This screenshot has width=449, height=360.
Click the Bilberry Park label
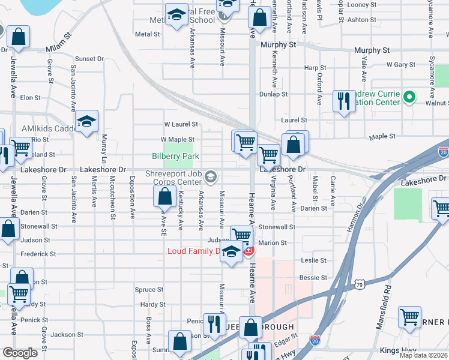point(167,156)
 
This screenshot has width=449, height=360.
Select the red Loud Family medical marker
point(248,250)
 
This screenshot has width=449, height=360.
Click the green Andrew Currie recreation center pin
point(409,97)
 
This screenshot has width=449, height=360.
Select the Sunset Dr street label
point(89,59)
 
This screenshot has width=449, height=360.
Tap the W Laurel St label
point(181,124)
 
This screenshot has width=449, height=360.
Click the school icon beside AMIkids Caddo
point(86,122)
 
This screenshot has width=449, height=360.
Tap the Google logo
point(20,353)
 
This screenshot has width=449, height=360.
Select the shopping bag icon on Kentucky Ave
point(164,196)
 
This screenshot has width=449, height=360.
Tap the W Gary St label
point(401,64)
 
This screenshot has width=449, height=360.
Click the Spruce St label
point(145,290)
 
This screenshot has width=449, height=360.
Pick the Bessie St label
point(313,278)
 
